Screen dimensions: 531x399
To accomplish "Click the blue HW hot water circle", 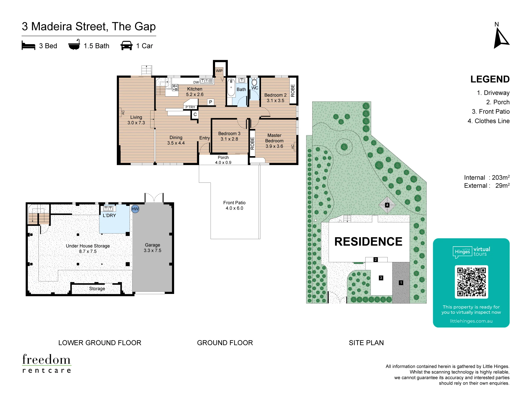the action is point(135,209).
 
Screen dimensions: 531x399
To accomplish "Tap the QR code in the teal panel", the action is point(471,282).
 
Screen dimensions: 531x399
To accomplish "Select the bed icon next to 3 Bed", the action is point(28,45).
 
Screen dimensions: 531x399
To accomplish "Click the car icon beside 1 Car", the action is point(127,45).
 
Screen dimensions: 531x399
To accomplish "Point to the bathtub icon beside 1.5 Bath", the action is point(74,45).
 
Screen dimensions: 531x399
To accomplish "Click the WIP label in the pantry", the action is point(219,71).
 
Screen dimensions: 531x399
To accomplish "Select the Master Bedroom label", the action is point(274,138).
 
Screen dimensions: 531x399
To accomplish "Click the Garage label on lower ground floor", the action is point(152,245).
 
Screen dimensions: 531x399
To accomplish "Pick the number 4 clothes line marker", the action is point(387,205).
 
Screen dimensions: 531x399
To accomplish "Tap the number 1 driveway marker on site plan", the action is point(401,283).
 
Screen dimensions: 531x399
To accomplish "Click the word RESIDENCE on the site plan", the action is point(368,242).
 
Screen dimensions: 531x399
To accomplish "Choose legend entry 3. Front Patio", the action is point(491,111).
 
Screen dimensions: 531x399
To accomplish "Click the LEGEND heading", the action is point(490,79).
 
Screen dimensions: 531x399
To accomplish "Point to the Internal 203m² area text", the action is point(487,177).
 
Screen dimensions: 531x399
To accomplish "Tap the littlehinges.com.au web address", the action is point(471,321).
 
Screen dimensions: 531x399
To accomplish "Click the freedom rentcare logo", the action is point(47,363).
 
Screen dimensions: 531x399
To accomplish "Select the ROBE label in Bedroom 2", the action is point(293,90).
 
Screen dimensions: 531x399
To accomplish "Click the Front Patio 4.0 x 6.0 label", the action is point(234,205).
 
